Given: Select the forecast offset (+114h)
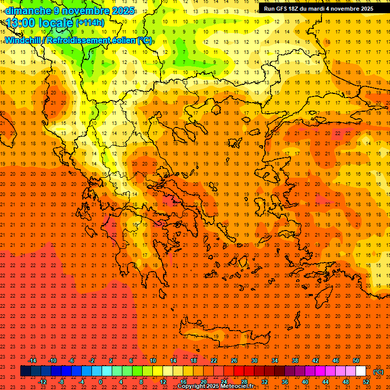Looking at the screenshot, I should [x=90, y=22].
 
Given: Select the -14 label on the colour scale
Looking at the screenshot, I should [x=32, y=361].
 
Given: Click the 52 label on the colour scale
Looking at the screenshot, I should [x=366, y=382].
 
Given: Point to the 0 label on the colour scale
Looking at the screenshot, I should [x=101, y=382].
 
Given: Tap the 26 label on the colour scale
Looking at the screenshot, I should [x=234, y=361].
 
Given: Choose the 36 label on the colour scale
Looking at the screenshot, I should [x=285, y=382].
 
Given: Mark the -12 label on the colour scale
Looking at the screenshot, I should [x=42, y=382].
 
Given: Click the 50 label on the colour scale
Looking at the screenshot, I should [x=356, y=361].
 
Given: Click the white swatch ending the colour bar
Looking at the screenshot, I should [x=361, y=371].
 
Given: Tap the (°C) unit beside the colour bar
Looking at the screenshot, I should [x=378, y=372].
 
